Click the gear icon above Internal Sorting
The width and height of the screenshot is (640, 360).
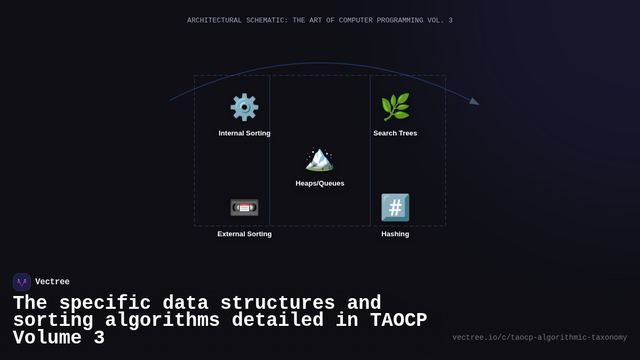tap(244, 107)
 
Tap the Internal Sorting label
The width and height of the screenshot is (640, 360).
tap(244, 133)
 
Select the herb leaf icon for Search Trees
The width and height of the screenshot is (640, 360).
tap(395, 107)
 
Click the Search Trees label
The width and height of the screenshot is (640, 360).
tap(395, 133)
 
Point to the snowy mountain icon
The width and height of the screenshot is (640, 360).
tap(319, 158)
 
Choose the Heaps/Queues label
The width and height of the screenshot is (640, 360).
tap(320, 183)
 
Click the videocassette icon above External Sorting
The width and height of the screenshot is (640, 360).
tap(244, 207)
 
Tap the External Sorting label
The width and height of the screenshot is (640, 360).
tap(244, 234)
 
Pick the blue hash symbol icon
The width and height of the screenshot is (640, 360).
tap(395, 207)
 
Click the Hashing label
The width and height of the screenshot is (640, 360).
tap(395, 234)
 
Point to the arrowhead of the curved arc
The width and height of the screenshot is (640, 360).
tap(474, 102)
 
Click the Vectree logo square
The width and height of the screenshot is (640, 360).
tap(22, 282)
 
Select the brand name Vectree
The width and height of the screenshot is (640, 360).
tap(52, 282)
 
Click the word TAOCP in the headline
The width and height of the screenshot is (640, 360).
tap(398, 321)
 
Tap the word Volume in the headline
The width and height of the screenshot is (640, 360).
tap(47, 338)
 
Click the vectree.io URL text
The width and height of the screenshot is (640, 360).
tap(539, 338)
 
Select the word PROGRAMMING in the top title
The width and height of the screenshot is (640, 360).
tap(400, 21)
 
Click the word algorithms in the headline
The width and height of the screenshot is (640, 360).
tap(162, 321)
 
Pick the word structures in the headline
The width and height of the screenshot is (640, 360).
tap(277, 303)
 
